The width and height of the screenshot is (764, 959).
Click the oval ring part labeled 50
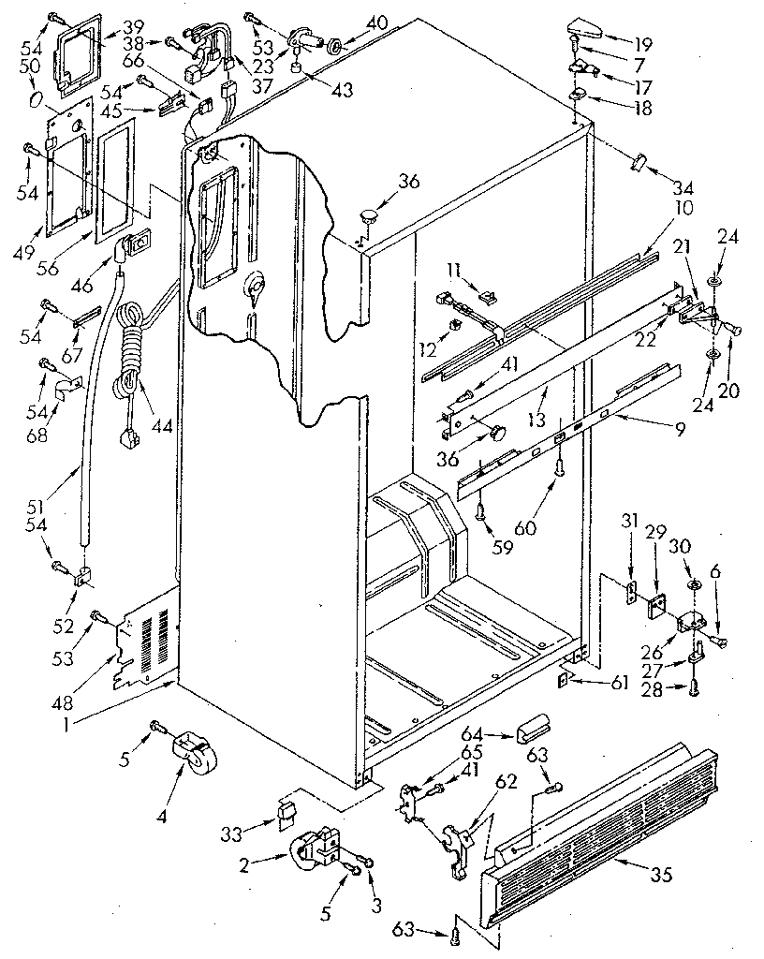pyautogui.click(x=34, y=99)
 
